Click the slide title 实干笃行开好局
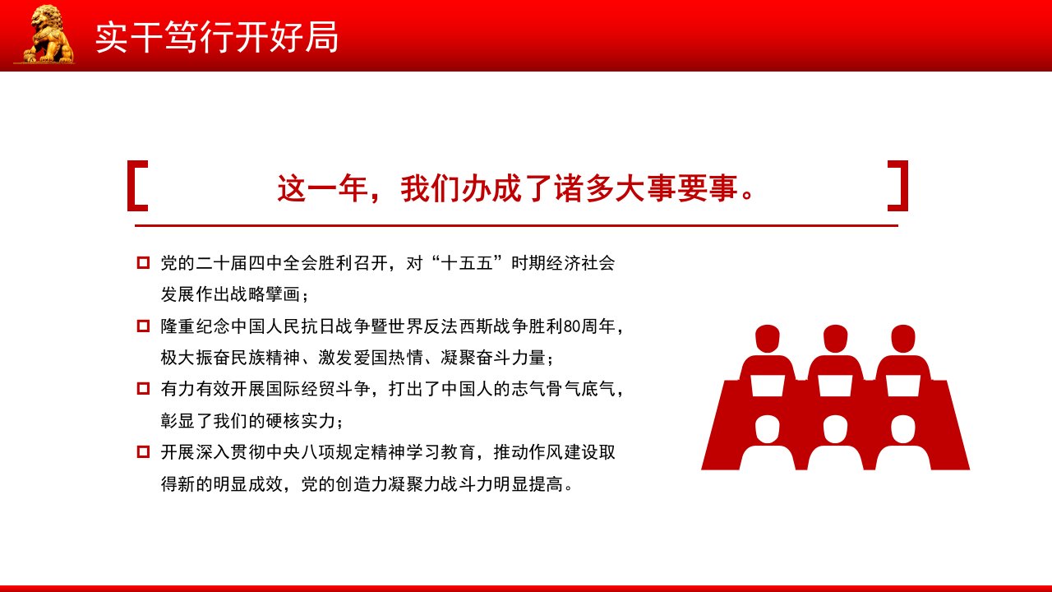coord(217,37)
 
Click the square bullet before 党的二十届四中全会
coord(143,262)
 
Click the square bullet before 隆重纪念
coord(143,326)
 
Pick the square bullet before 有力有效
coord(143,389)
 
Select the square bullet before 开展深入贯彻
coord(143,451)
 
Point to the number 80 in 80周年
coord(572,326)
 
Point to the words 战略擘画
coord(265,294)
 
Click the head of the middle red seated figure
coord(836,338)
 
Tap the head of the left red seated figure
coord(768,338)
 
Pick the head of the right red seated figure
coord(902,338)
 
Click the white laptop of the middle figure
coord(836,386)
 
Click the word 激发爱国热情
coord(371,358)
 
